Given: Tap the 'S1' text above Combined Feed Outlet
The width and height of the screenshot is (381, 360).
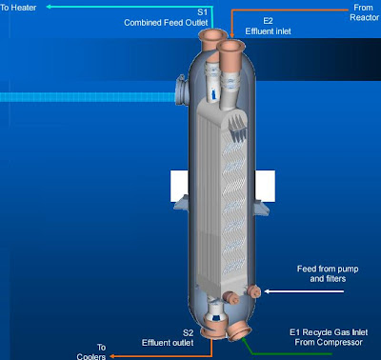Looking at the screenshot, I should (203, 11).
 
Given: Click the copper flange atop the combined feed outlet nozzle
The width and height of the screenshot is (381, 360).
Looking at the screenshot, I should (210, 36).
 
